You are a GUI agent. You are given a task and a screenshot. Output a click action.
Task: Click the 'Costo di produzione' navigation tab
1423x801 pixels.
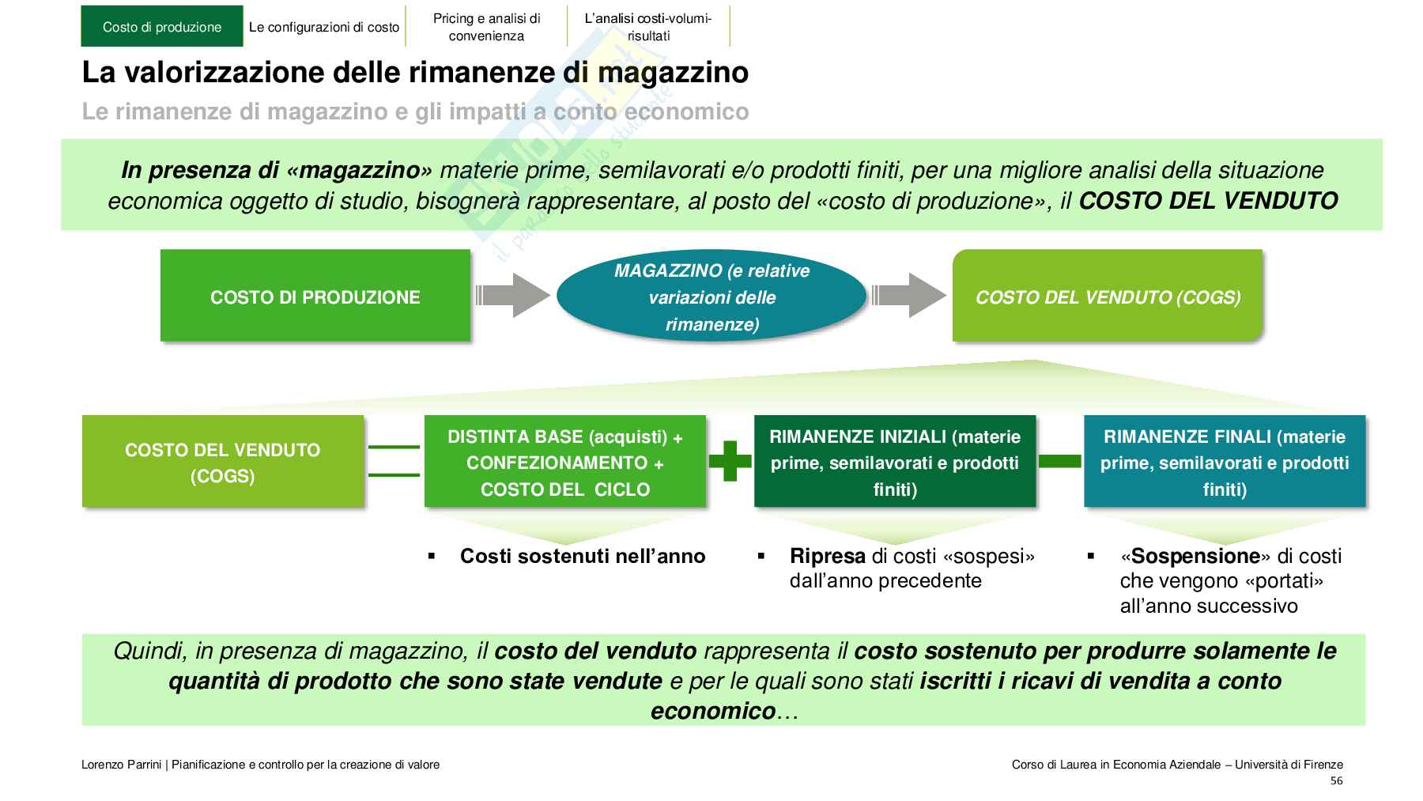tap(161, 27)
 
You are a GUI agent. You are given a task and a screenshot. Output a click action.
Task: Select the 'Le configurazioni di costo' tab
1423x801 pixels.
tap(324, 27)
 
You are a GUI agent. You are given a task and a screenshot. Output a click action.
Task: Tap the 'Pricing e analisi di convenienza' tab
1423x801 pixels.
tap(486, 27)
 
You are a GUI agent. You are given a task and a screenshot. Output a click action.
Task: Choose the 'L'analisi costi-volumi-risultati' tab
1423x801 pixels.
tap(648, 27)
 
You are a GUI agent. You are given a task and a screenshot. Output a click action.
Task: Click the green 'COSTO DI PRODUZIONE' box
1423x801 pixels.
tap(315, 297)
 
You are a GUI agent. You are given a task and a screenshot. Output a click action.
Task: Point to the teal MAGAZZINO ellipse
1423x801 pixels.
tap(711, 297)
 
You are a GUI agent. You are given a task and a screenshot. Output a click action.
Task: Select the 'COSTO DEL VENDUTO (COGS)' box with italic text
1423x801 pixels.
tap(1107, 297)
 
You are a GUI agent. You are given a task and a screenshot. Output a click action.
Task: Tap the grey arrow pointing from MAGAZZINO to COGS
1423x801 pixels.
tap(908, 296)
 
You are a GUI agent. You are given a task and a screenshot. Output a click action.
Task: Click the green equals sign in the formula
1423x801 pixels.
tap(394, 461)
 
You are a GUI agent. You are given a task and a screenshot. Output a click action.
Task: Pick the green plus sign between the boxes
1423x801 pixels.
tap(730, 461)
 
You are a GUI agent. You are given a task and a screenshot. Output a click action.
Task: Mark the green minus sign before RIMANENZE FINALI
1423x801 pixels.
tap(1059, 461)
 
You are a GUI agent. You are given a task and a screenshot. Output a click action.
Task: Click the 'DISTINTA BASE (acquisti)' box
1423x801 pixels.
tap(564, 462)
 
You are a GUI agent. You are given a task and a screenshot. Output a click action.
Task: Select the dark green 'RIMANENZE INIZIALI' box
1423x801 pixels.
tap(894, 462)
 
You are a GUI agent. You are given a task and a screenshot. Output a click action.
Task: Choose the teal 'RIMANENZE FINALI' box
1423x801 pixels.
tap(1224, 462)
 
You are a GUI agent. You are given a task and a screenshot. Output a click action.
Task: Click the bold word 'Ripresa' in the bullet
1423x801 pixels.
tap(827, 557)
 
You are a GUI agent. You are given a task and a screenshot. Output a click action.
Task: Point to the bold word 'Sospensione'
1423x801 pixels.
tap(1193, 557)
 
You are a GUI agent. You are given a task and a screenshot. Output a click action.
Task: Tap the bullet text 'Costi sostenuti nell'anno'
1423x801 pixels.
tap(582, 557)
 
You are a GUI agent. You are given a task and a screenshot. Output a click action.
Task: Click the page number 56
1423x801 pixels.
tap(1336, 781)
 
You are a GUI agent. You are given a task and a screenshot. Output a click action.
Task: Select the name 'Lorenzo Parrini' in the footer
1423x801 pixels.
tap(121, 765)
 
